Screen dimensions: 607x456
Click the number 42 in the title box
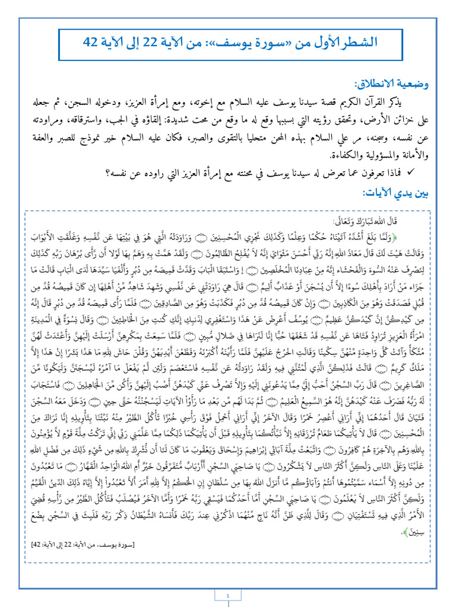91,42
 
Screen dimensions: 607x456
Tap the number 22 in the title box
168,42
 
